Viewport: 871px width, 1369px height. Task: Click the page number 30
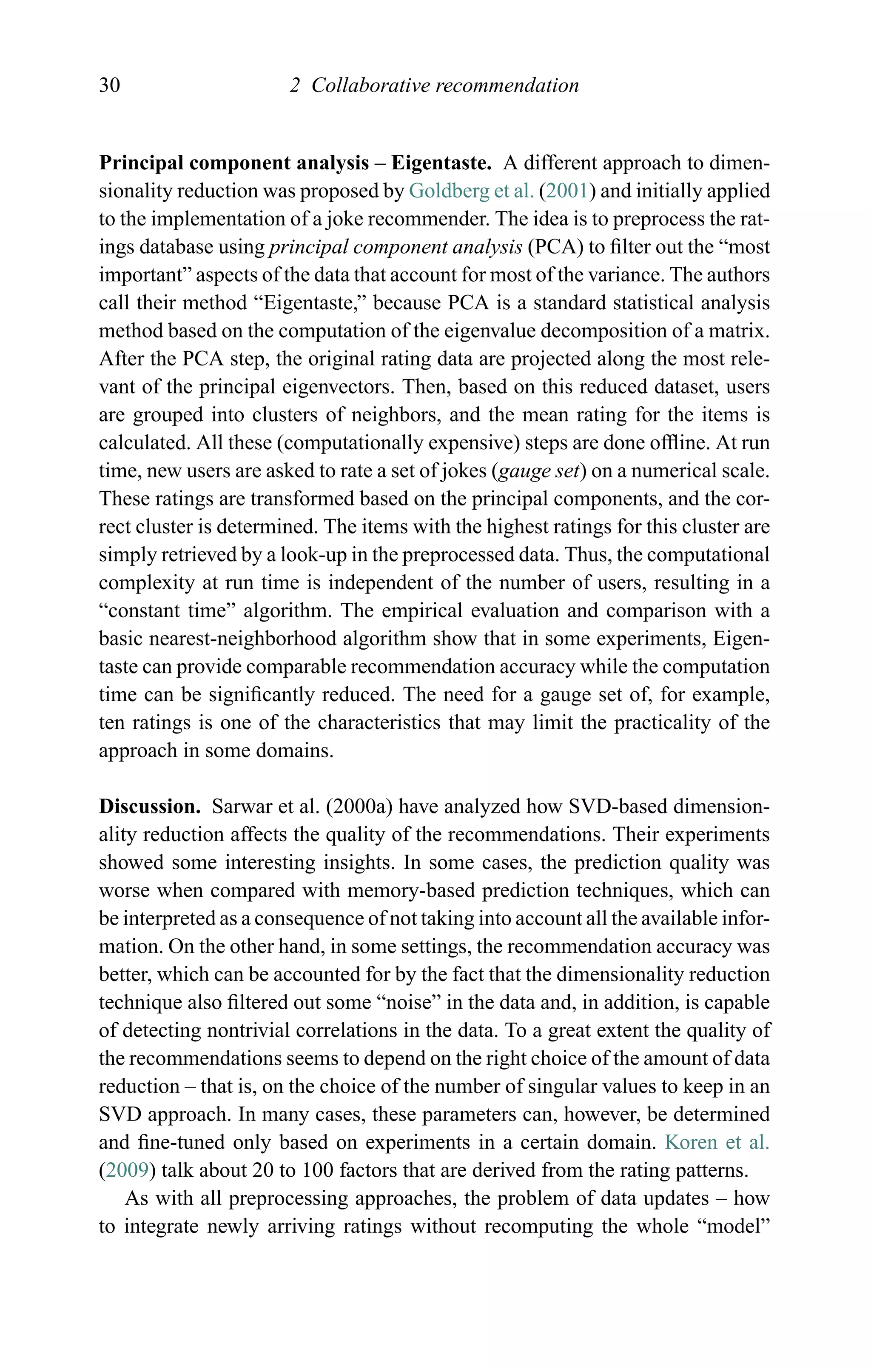109,85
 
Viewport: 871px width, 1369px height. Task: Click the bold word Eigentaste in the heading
441,163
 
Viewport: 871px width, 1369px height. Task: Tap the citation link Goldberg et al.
471,191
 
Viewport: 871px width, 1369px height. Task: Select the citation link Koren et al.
717,1142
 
